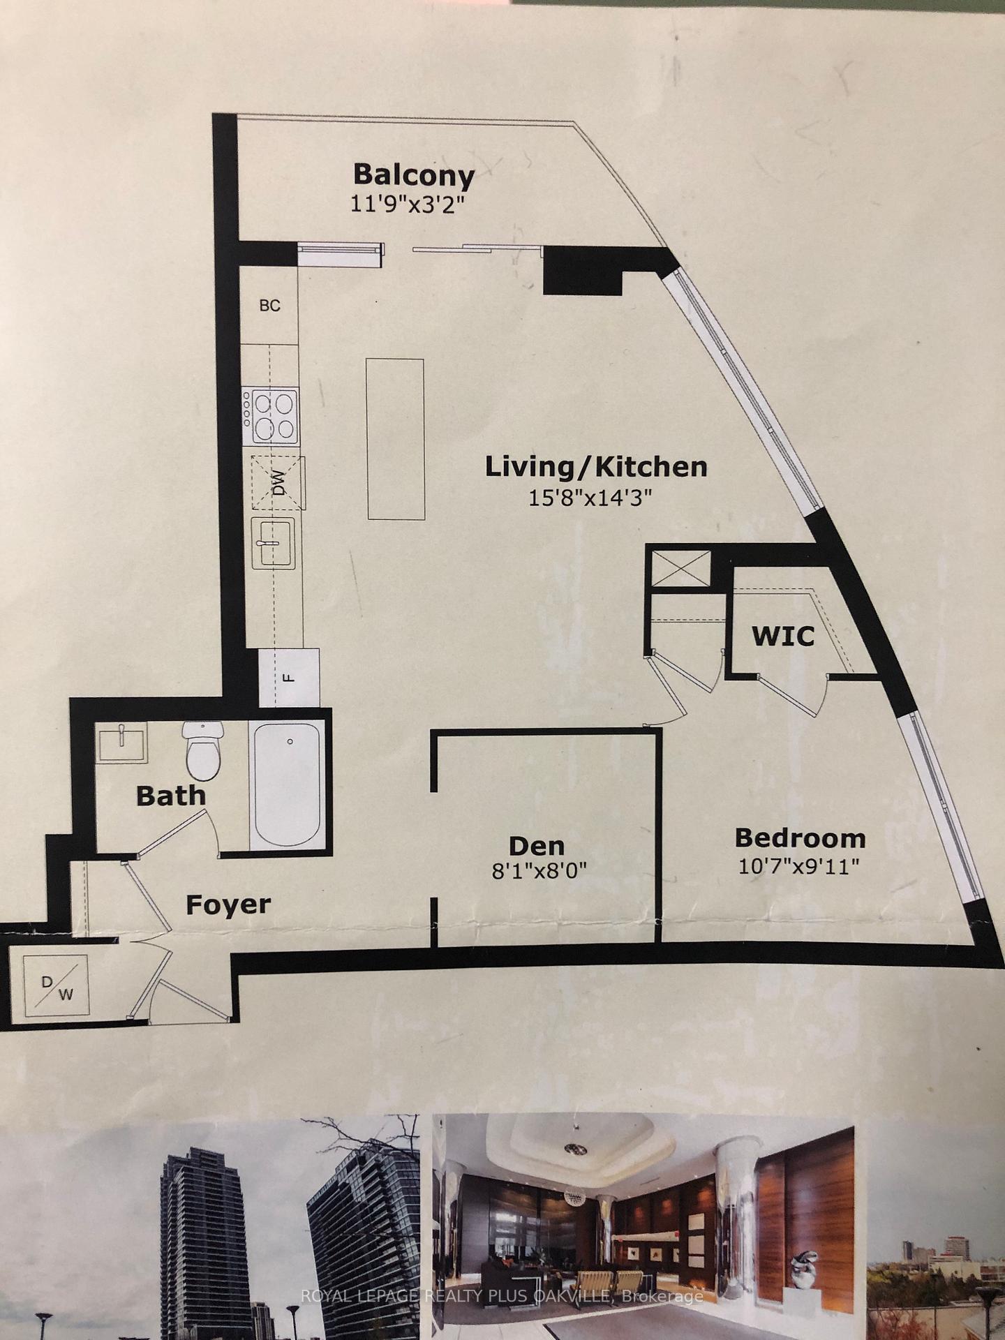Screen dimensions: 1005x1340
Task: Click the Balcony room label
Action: [x=414, y=174]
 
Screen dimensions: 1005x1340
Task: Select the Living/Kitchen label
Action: [x=597, y=467]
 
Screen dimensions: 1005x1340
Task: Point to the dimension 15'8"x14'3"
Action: [x=590, y=498]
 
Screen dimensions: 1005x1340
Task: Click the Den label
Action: [x=537, y=846]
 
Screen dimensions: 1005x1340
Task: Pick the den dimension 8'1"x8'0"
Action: [x=539, y=872]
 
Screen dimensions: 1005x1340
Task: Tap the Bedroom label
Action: [x=800, y=837]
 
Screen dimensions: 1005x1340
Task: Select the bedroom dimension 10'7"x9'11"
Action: [x=798, y=866]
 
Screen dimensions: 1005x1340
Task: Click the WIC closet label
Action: [x=782, y=636]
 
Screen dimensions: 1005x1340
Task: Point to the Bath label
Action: [x=171, y=796]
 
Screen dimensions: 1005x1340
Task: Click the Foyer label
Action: [x=228, y=904]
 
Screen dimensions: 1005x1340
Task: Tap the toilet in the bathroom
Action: [x=202, y=750]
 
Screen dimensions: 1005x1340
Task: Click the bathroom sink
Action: [x=122, y=742]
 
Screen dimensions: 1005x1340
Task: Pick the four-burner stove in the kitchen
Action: [x=270, y=416]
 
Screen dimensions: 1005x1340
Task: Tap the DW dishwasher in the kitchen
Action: [x=278, y=482]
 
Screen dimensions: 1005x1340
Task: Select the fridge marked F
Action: [x=289, y=677]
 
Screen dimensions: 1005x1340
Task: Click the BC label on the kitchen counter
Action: [x=270, y=306]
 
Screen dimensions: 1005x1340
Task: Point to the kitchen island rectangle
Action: [x=395, y=439]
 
